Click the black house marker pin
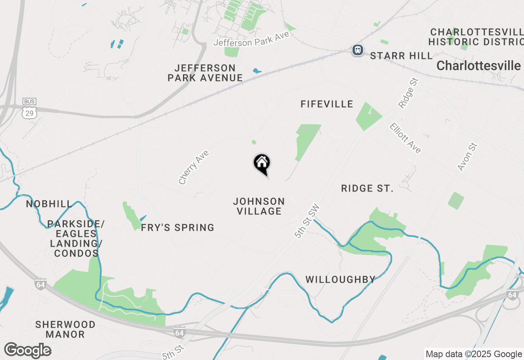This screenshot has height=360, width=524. click(262, 164)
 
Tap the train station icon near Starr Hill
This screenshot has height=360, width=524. click(358, 50)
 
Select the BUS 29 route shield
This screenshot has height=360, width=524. click(29, 108)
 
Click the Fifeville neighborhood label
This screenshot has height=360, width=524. click(327, 104)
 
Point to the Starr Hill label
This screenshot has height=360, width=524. click(401, 56)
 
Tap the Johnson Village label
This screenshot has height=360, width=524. click(259, 206)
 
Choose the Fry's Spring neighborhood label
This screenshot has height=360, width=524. click(177, 228)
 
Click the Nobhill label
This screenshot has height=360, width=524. click(49, 204)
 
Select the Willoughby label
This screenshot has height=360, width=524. click(340, 279)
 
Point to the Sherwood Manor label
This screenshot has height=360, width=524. click(65, 329)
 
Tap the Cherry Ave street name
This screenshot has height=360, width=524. click(194, 167)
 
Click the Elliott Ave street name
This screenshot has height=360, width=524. click(405, 138)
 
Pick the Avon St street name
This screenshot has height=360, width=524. click(468, 157)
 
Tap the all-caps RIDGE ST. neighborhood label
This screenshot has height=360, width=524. click(367, 189)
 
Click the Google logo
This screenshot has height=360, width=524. click(27, 351)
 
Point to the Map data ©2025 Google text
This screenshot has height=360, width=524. click(474, 354)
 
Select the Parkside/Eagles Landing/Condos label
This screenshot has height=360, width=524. click(76, 239)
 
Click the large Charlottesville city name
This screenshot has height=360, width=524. click(479, 65)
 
